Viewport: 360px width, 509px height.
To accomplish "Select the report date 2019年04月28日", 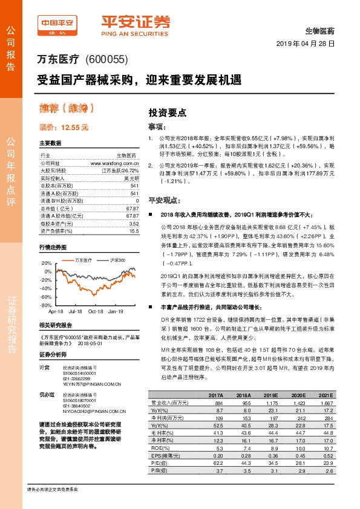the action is [x=307, y=44].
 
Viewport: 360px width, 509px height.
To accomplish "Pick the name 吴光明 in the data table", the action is [x=131, y=178].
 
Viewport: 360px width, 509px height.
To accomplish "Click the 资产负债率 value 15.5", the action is [x=133, y=231].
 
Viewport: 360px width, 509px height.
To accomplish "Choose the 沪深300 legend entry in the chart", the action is [x=116, y=259].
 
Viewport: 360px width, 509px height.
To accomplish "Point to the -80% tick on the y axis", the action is [x=45, y=306].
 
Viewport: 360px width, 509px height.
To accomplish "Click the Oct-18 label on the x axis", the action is [x=96, y=312].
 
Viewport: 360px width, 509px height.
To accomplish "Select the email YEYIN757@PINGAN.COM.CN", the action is [x=87, y=382].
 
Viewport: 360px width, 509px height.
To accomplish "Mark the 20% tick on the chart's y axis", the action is [x=46, y=264].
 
